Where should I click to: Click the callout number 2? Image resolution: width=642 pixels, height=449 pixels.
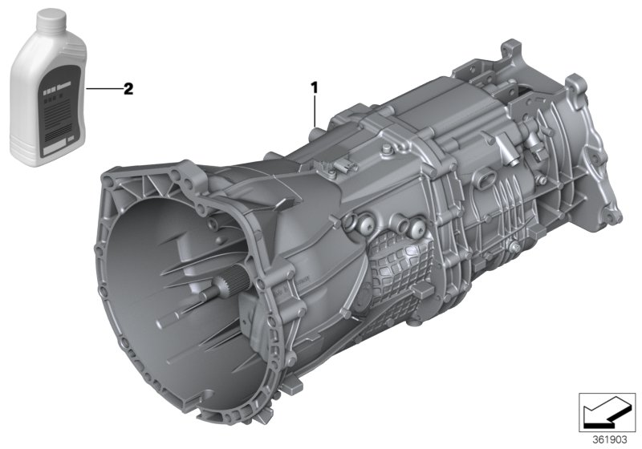[127, 88]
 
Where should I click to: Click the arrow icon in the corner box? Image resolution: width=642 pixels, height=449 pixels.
[607, 415]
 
